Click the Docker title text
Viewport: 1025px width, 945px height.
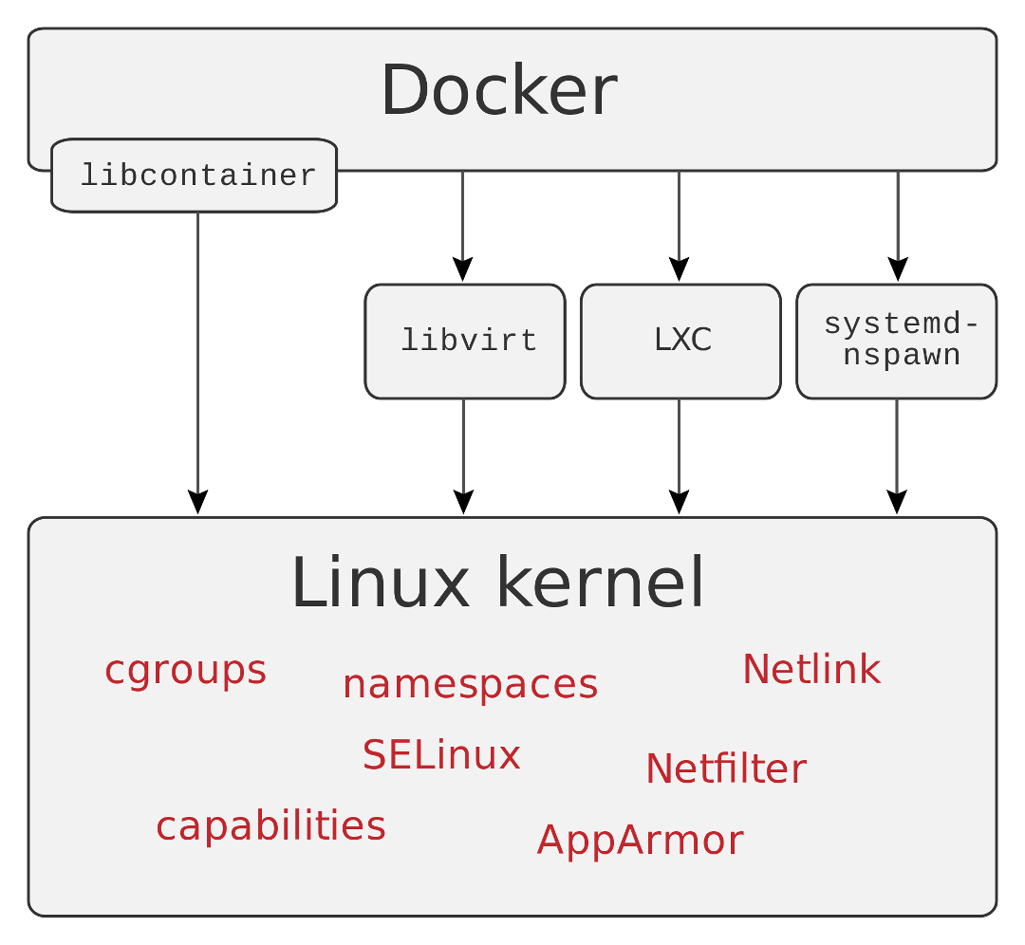[499, 91]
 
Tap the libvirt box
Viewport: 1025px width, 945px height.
[465, 341]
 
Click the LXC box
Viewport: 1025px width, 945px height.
[680, 341]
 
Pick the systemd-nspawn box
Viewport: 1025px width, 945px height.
[897, 341]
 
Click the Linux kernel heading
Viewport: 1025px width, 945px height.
[497, 583]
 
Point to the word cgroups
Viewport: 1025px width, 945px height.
[185, 670]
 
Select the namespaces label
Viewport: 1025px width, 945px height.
[470, 684]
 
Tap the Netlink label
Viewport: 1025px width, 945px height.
[811, 670]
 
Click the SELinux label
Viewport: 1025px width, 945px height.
[441, 755]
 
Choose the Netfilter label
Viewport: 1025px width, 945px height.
[726, 769]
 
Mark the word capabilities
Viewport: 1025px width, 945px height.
[270, 826]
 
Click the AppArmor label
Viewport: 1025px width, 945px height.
[640, 841]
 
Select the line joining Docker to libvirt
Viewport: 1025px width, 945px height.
[463, 216]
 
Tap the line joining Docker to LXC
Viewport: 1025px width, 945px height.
[679, 216]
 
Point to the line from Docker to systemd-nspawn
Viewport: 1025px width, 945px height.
[897, 216]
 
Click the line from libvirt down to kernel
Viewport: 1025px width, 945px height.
[463, 446]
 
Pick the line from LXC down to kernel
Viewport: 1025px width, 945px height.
[679, 446]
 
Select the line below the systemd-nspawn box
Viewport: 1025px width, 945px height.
[897, 446]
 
